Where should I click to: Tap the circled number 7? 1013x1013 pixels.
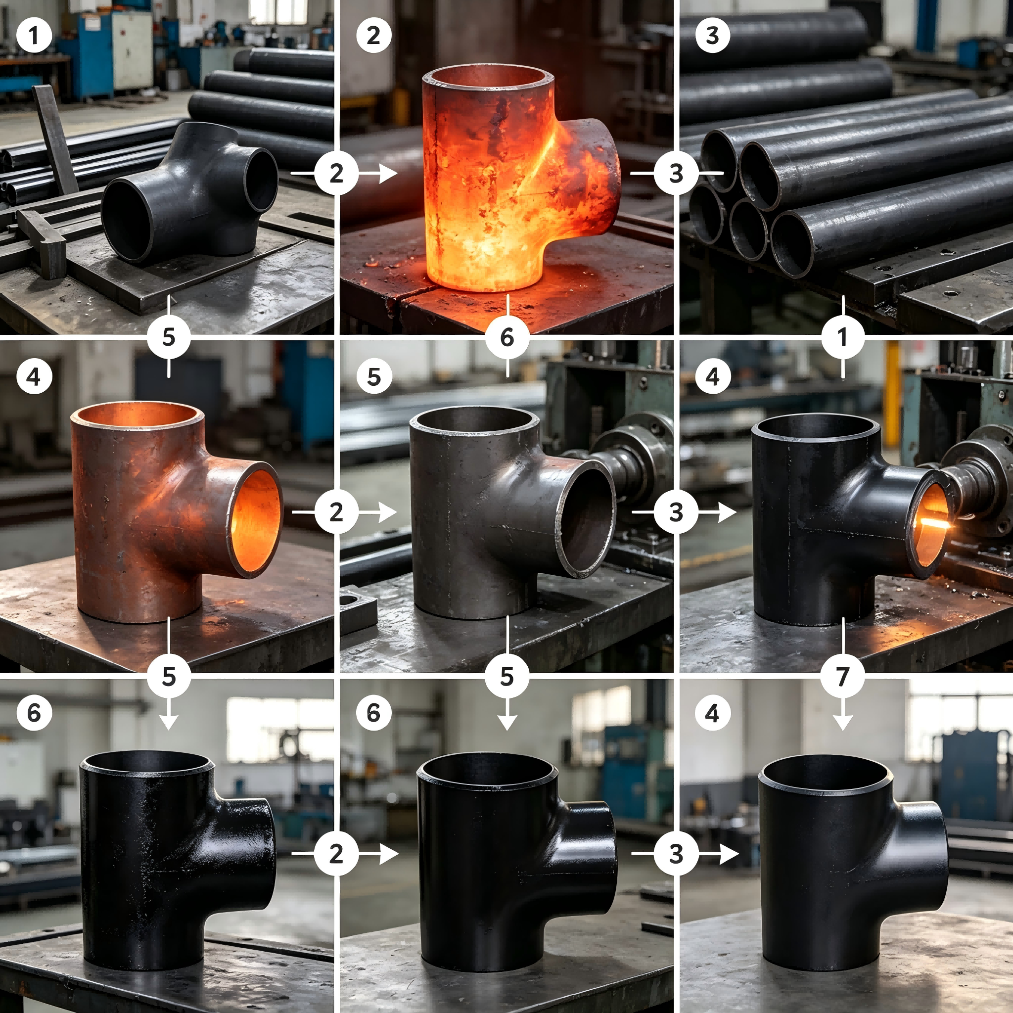[x=842, y=676]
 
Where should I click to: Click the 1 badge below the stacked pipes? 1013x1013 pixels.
[x=842, y=337]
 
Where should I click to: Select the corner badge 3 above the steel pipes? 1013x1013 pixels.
[x=713, y=36]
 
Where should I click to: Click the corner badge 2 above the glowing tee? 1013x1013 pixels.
[x=373, y=36]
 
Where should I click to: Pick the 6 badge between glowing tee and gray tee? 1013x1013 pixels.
[x=507, y=337]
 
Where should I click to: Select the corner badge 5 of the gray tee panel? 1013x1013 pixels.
[x=374, y=376]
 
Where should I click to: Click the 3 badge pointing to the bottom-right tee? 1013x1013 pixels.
[x=676, y=854]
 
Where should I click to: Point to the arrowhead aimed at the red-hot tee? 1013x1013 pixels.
[x=388, y=173]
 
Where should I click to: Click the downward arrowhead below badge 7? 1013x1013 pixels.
[x=842, y=722]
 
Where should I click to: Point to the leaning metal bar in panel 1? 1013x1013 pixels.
[x=54, y=139]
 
